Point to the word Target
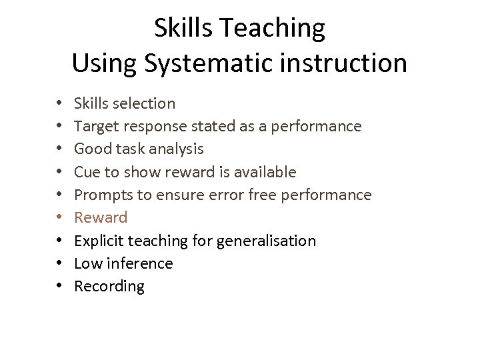(x=95, y=126)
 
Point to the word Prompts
(x=100, y=195)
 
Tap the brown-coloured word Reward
(x=101, y=217)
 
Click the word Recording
(x=109, y=286)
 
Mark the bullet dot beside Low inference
(x=59, y=264)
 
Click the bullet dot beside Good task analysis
(x=59, y=149)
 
